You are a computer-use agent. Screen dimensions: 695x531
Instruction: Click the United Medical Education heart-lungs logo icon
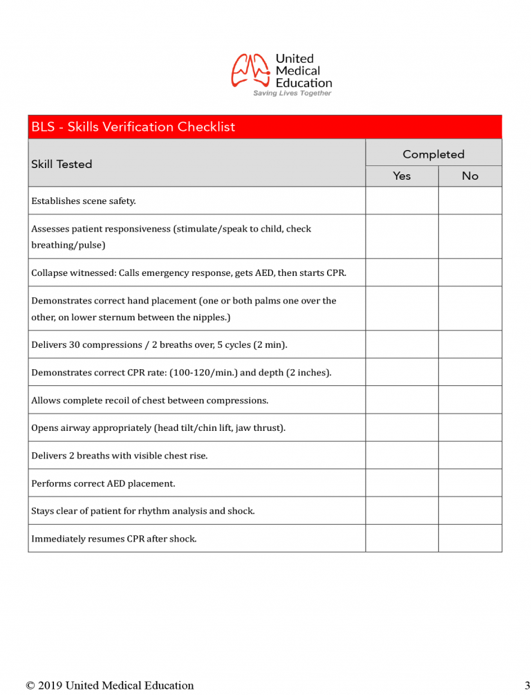point(250,70)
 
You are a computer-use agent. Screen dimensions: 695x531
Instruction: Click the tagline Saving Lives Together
point(292,93)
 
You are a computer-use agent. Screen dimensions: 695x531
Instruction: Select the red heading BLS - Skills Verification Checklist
point(133,127)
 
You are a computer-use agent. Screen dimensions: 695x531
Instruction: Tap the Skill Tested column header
point(62,164)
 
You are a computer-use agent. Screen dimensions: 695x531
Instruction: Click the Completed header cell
point(434,154)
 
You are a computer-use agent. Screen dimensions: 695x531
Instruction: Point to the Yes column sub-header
point(402,176)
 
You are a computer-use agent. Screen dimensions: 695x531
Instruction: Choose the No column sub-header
point(470,176)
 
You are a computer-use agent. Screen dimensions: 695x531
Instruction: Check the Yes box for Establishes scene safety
point(402,201)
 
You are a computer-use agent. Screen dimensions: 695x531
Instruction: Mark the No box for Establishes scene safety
point(470,201)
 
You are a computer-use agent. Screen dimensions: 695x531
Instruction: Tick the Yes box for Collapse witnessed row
point(402,272)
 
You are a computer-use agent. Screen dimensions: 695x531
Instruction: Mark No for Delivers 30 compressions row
point(470,344)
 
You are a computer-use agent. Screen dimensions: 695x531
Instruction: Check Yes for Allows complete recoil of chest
point(402,400)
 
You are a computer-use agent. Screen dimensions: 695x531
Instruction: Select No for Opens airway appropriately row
point(470,427)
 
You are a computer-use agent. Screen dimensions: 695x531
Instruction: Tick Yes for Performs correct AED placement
point(402,483)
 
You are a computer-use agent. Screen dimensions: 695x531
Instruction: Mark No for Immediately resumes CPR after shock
point(470,538)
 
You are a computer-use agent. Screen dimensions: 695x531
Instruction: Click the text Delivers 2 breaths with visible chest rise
point(120,456)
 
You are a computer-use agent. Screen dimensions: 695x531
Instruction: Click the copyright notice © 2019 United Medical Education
point(110,685)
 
